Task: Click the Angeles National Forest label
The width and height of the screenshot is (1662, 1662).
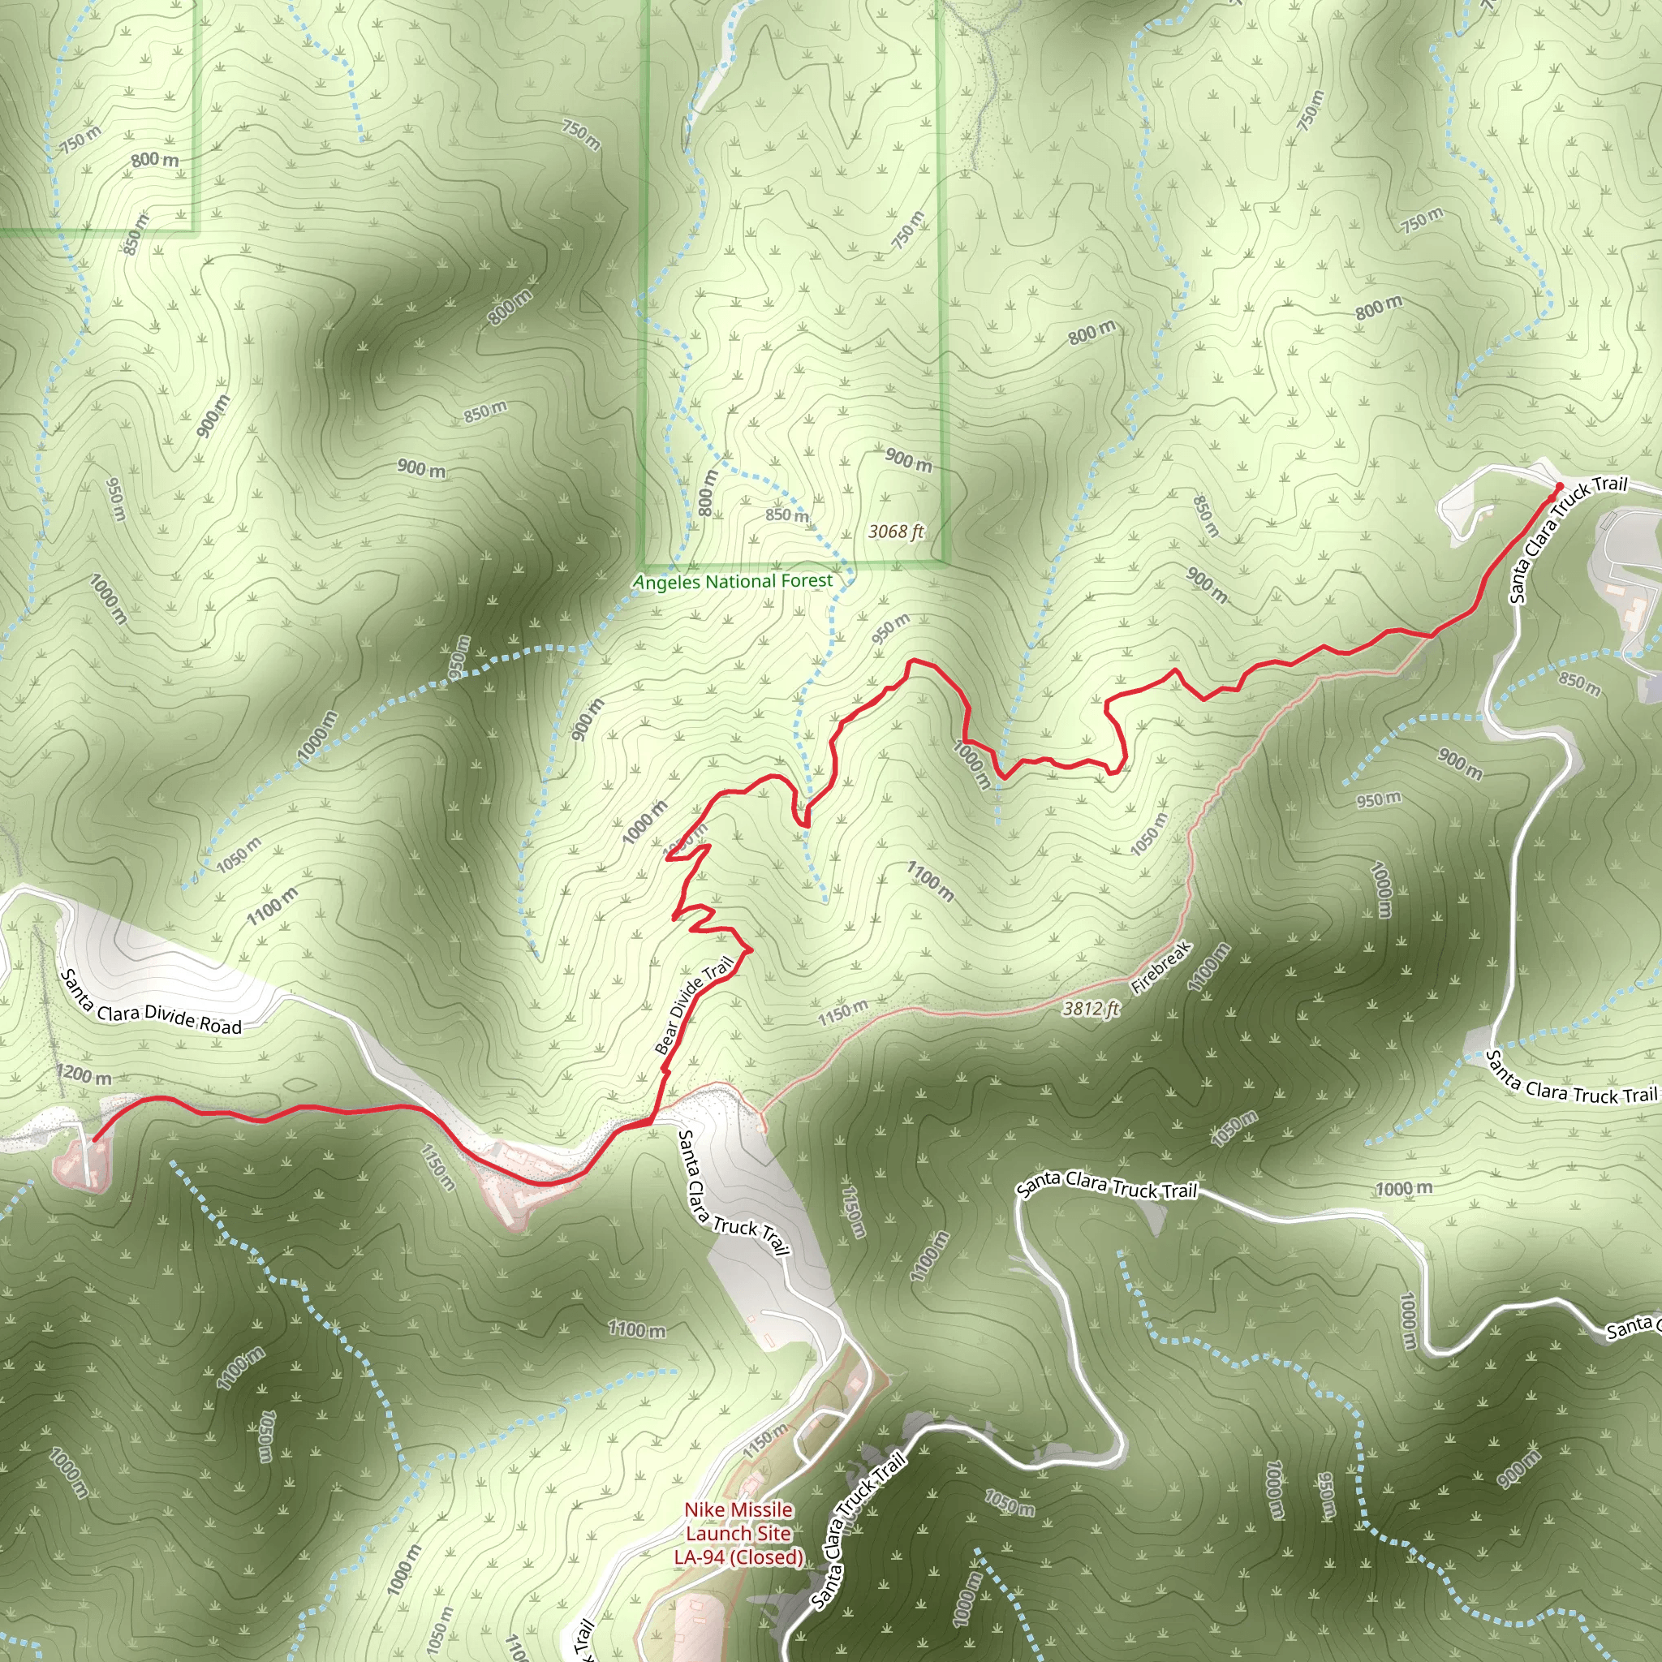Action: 733,582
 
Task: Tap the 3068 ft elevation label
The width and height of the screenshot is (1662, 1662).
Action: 896,532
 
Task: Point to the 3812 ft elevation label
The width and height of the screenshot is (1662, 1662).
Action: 1091,1008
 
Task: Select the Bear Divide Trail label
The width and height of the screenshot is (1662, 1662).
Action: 693,1005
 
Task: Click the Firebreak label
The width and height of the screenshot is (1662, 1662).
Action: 1160,968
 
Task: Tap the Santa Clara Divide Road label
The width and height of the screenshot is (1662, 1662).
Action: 151,1002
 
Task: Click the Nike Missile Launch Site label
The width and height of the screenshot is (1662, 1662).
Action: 738,1533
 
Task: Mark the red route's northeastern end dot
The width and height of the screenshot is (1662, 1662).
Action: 1559,487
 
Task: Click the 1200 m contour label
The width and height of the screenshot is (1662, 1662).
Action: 84,1074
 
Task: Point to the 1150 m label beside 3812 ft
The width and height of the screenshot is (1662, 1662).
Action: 842,1013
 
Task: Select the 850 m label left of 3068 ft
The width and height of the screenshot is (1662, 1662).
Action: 787,515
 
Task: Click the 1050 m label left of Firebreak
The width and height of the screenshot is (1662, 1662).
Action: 1149,833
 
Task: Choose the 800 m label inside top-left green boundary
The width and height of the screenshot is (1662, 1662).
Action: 155,159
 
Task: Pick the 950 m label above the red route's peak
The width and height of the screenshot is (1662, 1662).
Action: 889,630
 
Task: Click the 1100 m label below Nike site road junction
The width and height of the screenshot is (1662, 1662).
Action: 637,1329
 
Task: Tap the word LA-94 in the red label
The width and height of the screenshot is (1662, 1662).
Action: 699,1557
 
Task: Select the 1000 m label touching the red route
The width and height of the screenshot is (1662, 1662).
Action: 971,764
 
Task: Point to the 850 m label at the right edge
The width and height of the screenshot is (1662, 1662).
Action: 1579,683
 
